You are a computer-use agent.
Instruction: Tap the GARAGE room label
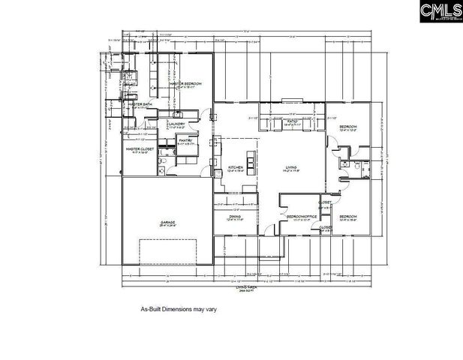point(167,223)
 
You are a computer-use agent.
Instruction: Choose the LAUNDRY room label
point(177,124)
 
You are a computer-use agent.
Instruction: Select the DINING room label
point(235,216)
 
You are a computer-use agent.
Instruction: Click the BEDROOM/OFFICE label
point(302,216)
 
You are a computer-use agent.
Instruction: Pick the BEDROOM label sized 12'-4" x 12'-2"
point(347,127)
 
